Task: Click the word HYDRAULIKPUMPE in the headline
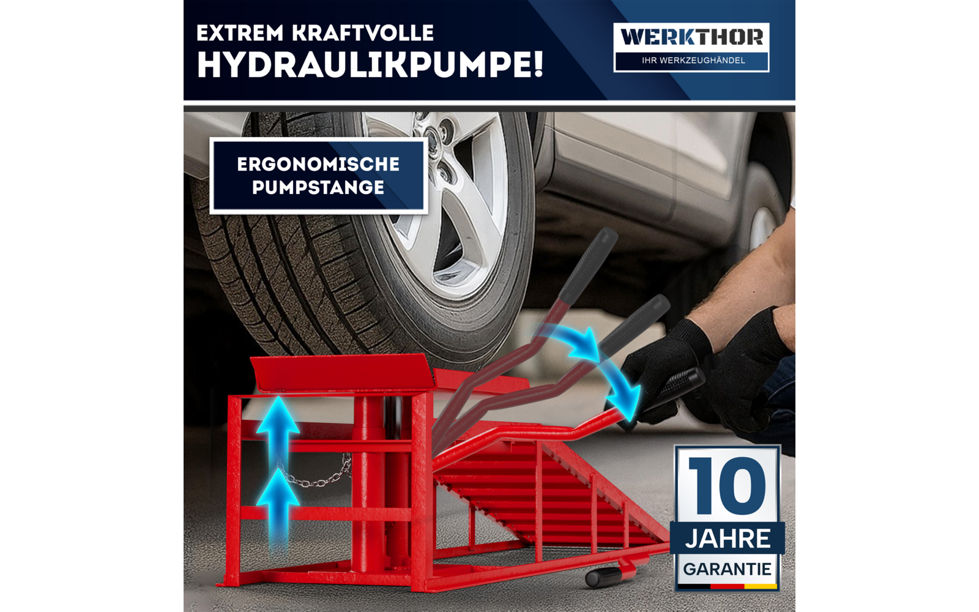370,65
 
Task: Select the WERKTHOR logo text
691,37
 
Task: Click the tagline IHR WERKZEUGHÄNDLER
693,61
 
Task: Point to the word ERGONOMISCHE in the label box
318,164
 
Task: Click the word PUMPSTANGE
318,187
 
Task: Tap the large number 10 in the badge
727,485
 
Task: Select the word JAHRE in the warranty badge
728,539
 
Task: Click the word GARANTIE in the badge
727,569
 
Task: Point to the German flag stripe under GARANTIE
727,586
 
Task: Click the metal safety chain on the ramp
318,477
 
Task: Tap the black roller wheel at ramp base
603,577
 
